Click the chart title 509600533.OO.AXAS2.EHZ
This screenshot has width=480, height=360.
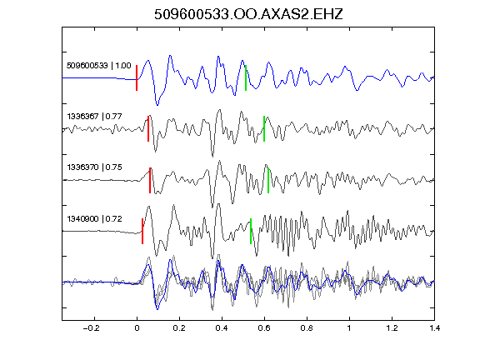[248, 14]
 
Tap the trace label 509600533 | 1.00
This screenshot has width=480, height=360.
[99, 66]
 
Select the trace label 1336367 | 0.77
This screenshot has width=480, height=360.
[95, 117]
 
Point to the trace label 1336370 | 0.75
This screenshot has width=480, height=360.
[95, 167]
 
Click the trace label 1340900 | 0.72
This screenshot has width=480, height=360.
[95, 219]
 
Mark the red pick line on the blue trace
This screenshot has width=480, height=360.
[137, 77]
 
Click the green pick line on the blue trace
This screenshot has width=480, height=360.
[246, 77]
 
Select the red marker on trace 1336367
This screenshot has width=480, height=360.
[148, 128]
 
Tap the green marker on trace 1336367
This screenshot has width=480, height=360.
[264, 128]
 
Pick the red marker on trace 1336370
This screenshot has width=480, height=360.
[150, 180]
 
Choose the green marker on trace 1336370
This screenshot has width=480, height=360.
[268, 180]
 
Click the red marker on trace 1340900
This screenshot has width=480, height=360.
[142, 231]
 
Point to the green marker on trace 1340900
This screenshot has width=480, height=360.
[251, 231]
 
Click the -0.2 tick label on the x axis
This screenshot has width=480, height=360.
[92, 328]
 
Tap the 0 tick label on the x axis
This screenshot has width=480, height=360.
[137, 328]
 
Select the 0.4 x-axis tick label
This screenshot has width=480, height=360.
[222, 328]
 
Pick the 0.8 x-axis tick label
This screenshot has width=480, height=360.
[307, 328]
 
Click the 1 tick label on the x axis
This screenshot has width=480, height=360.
[349, 328]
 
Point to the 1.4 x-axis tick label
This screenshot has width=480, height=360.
[434, 328]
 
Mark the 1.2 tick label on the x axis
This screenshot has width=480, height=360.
[392, 328]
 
